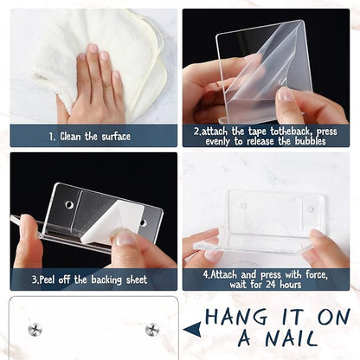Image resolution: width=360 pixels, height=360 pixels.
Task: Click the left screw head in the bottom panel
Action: [35, 329]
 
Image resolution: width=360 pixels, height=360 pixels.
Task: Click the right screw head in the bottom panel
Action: [152, 330]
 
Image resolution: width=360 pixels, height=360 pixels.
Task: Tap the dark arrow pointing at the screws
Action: [192, 329]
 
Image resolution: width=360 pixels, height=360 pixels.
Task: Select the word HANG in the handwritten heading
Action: [236, 317]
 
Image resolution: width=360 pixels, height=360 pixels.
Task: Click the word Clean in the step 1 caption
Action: [70, 136]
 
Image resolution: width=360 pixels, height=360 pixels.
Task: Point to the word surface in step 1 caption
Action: [116, 136]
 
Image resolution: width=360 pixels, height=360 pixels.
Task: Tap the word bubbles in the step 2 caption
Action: [311, 141]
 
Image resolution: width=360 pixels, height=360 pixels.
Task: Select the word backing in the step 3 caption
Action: [106, 280]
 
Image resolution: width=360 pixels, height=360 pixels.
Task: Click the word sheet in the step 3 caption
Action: [137, 280]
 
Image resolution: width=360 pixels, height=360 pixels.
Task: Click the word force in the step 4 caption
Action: [317, 274]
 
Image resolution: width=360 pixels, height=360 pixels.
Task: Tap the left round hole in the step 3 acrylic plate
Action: [69, 204]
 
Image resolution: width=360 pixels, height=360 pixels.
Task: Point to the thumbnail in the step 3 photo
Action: [125, 239]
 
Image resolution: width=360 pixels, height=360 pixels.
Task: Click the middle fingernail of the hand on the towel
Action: [93, 48]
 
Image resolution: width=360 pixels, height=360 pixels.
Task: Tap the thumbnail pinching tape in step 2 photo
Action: [286, 94]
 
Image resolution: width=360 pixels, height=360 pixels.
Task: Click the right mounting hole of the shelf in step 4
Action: [310, 209]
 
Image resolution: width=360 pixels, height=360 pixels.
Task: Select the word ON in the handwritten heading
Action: [334, 317]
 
